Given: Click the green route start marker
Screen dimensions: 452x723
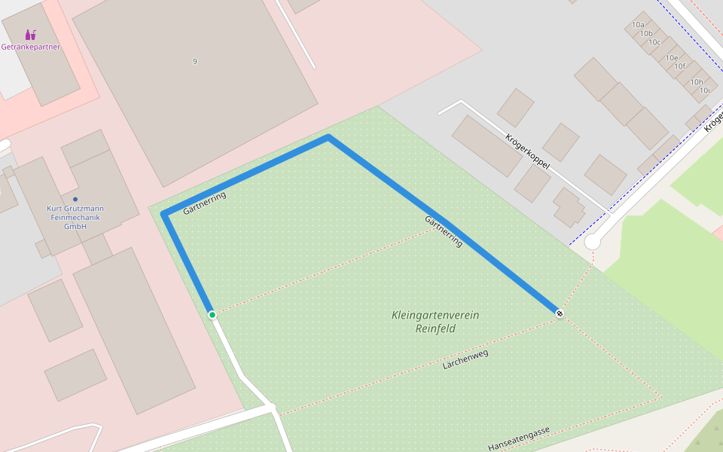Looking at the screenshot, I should coord(212,314).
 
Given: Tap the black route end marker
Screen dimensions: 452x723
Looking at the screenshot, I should coord(560,313).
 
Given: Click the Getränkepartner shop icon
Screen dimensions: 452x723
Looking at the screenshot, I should coord(30,35).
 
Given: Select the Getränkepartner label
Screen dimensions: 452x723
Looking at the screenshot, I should coord(30,47).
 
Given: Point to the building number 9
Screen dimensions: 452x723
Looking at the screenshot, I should coord(194,61).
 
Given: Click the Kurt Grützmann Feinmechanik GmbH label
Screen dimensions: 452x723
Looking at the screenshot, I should coord(75,217).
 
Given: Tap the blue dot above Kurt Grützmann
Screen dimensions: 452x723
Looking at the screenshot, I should coord(75,199).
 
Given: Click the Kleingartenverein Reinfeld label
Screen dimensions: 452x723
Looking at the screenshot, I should coord(435,322).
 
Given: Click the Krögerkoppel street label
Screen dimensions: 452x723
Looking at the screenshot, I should coord(527,151).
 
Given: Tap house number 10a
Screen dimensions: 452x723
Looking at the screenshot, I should coord(638,25).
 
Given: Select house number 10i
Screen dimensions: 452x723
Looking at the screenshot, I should coord(704,90).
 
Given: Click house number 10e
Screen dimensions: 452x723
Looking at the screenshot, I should coord(671,58).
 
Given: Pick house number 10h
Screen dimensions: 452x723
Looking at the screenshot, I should coord(697,82).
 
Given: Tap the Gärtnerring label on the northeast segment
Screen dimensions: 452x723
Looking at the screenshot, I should coord(444,231).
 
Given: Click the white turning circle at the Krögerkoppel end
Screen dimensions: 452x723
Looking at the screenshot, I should coord(593,242).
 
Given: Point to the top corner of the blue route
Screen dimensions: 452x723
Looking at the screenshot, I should coord(328,137).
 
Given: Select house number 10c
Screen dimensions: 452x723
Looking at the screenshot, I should coord(654,42).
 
